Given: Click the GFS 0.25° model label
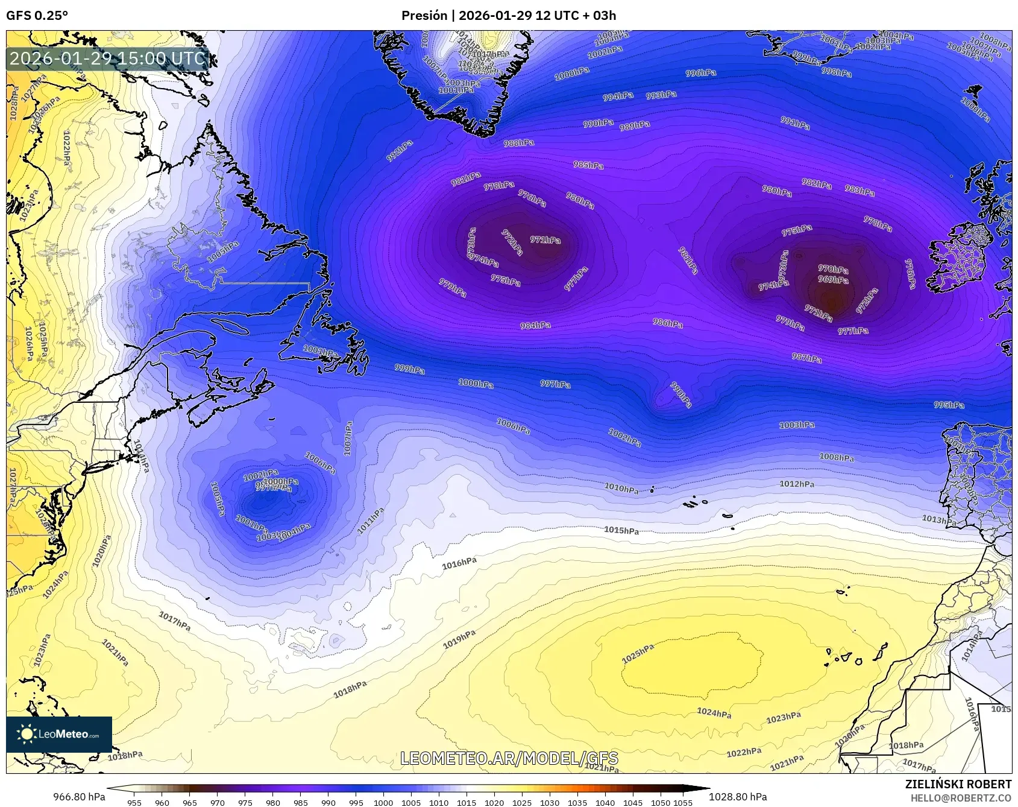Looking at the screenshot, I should point(37,16).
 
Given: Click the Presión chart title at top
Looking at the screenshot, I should point(508,16).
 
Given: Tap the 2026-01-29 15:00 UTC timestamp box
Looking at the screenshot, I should point(108,59).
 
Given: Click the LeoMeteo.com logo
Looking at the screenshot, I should point(59,734).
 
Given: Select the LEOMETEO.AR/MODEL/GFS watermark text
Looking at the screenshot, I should point(509,758).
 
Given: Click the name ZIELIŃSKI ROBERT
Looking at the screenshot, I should point(958,784).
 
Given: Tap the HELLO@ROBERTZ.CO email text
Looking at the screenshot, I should point(961,798).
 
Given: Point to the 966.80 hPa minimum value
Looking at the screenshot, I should point(79,797).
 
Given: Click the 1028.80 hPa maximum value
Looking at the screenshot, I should point(738,797).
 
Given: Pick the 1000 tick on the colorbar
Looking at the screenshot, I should point(383,803).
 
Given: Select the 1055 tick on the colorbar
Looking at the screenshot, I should point(683,803).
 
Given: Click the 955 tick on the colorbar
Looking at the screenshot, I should point(134,803).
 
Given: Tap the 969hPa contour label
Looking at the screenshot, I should point(833,280).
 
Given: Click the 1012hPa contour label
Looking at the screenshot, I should point(797,484).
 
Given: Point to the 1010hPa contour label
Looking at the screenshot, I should point(621,488).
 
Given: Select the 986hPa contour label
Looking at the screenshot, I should point(668,323).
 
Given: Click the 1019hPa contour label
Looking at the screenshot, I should point(459,639).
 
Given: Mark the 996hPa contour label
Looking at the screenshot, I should point(701,73).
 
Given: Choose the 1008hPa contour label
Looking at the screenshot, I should point(837,457).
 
